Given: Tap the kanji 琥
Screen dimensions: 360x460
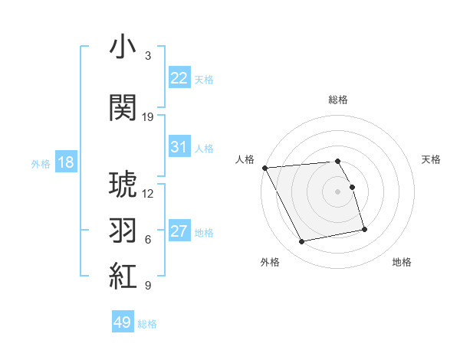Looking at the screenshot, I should tap(123, 185).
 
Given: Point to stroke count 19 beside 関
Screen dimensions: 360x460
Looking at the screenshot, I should tap(148, 117).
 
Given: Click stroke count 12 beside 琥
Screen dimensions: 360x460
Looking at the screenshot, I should tap(148, 194).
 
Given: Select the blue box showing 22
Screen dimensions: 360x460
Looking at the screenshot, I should tap(179, 77).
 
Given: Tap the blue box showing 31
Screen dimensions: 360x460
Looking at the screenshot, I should tap(179, 147).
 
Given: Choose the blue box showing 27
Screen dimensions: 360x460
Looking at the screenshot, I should tap(179, 231).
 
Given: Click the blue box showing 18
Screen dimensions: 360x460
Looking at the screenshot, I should tap(65, 162).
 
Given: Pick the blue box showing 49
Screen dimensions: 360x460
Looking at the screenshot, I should tap(123, 322).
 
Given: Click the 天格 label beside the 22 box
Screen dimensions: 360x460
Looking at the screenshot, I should tap(204, 79).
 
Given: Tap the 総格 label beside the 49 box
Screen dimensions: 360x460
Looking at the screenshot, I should tap(147, 324).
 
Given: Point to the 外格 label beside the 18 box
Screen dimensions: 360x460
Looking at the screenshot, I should tap(40, 164).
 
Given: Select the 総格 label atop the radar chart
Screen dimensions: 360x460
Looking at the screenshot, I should tap(337, 100).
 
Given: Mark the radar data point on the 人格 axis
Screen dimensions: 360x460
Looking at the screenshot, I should tap(264, 168).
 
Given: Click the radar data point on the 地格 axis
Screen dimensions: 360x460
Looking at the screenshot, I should tap(364, 228).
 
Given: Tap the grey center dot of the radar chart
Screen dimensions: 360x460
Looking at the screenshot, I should tap(337, 191).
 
